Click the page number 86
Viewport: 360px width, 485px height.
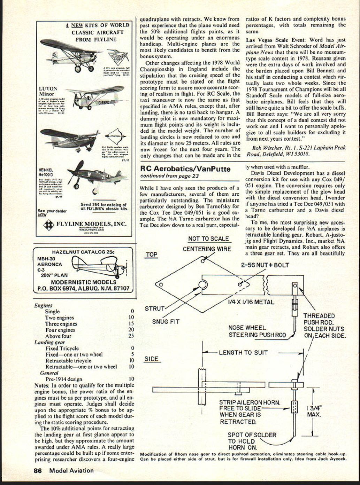tap(38, 470)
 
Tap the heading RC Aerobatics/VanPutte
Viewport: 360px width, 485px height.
tap(185, 169)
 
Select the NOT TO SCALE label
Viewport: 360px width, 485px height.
tap(208, 239)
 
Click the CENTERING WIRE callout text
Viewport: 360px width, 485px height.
tap(207, 249)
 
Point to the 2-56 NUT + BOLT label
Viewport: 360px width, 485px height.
tap(265, 265)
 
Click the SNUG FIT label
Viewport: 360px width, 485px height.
tap(166, 322)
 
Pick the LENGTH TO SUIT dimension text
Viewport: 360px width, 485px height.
tap(243, 353)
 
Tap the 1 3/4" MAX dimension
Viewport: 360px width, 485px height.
tap(314, 411)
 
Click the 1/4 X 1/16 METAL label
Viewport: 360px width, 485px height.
tap(251, 302)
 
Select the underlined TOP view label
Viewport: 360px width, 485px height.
tap(151, 255)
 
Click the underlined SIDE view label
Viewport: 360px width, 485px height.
tap(151, 359)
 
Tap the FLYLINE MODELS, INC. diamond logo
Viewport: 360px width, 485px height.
tap(49, 225)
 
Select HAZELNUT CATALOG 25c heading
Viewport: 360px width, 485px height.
tap(83, 252)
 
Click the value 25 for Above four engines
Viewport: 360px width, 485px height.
tap(131, 336)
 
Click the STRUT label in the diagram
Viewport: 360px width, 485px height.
tap(154, 308)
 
